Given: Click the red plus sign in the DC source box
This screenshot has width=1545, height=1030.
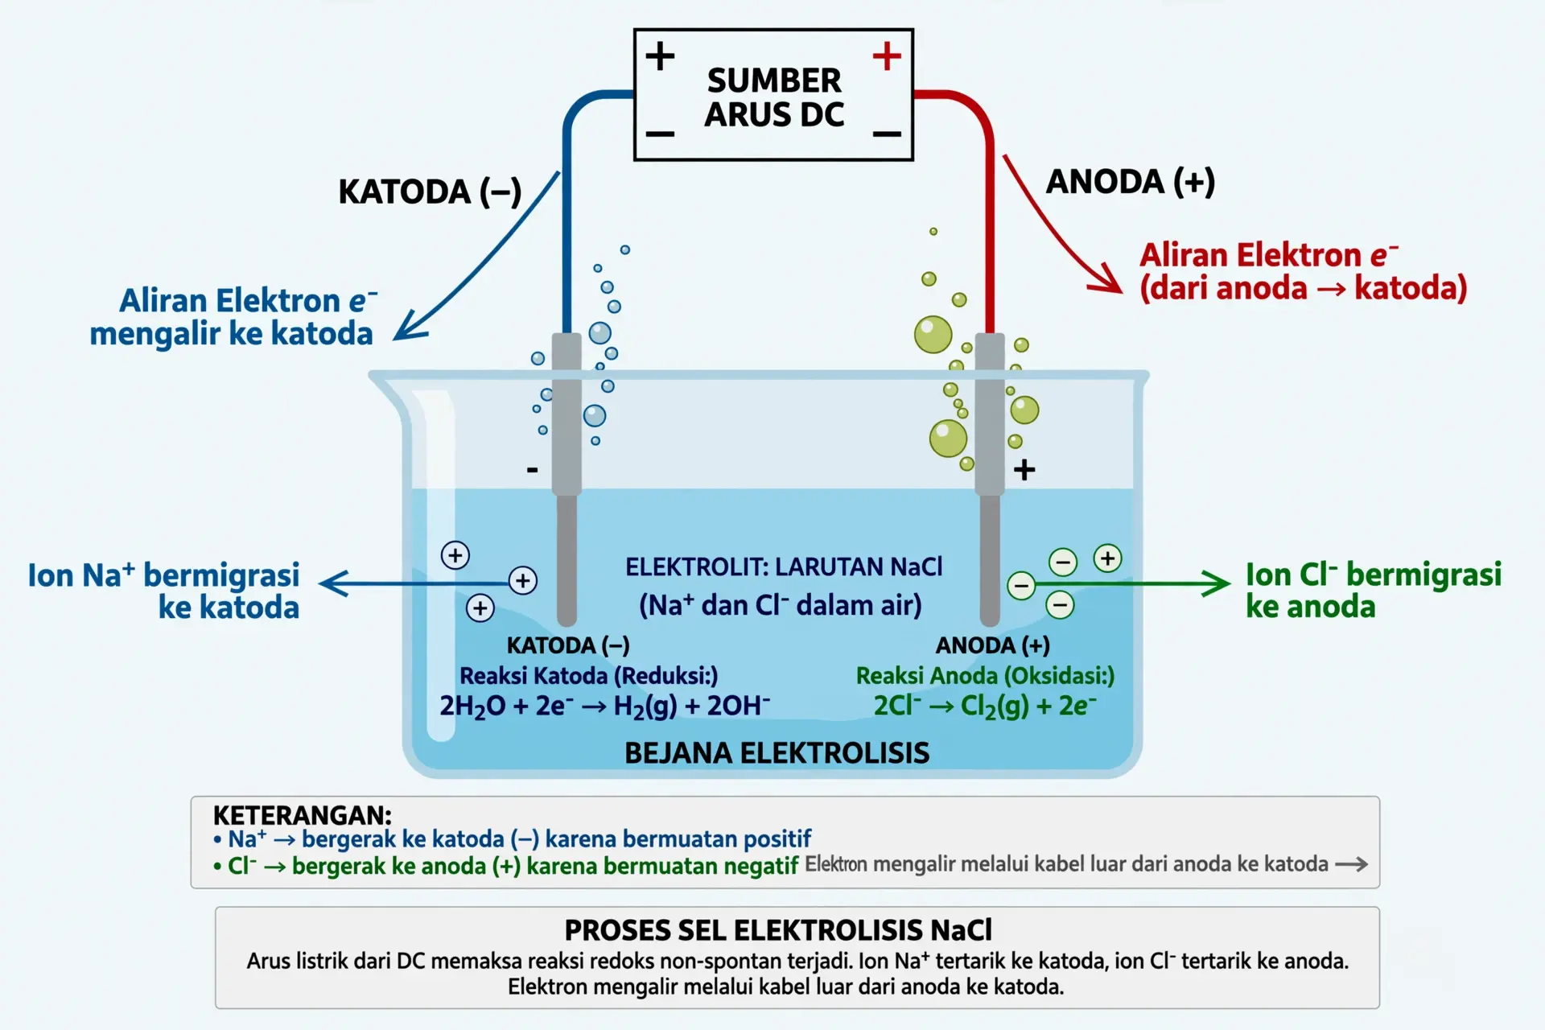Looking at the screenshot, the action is pos(887,56).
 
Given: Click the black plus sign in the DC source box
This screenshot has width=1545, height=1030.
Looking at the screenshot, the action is pos(660,56).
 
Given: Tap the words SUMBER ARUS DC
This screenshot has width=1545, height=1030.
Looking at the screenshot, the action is pos(774,97).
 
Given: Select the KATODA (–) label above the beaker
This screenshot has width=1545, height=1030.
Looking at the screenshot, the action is pos(430,192).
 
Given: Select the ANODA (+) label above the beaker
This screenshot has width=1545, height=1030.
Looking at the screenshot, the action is pos(1130,182).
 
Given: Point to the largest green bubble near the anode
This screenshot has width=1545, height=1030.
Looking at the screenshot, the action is pos(933,335).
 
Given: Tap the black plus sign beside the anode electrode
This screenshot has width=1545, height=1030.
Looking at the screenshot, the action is pos(1024,469).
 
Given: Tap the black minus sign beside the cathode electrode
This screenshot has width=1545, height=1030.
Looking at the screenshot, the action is pos(532,469).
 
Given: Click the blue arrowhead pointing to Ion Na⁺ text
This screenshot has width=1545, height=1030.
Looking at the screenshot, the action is pos(332,583).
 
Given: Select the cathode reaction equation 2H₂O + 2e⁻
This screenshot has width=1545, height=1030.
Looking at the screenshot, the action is pos(604,706).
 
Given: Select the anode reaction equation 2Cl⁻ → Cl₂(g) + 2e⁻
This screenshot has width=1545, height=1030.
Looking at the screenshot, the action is pos(985,706).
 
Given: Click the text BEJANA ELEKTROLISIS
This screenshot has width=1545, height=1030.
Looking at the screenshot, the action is pos(777,753).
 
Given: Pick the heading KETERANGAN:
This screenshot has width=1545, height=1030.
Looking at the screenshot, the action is pos(302,815).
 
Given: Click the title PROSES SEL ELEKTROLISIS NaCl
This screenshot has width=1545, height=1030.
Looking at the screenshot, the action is pos(778,930).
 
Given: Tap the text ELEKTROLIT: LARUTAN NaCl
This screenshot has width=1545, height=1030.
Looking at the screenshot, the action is pos(784,566).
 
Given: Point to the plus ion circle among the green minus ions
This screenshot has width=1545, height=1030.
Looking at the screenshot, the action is pos(1108,558).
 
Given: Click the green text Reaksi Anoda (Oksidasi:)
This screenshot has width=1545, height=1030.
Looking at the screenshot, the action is pos(985,676).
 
